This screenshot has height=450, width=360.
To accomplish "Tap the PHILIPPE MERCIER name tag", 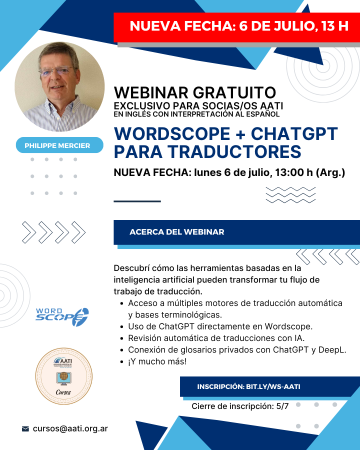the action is tap(59, 145).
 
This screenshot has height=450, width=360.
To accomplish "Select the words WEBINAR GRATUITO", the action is tap(195, 92).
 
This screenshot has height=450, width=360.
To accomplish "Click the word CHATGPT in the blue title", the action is tap(294, 133).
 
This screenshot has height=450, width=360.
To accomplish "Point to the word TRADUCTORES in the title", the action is tap(234, 151).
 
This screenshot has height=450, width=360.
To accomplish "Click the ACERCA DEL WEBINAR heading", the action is tap(177, 232).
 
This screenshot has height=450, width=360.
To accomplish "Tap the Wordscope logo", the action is tap(62, 317).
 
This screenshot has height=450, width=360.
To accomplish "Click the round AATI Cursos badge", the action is tap(63, 376).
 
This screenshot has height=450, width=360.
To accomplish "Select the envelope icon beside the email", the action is tap(25, 429).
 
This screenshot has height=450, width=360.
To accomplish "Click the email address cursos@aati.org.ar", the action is tap(70, 428).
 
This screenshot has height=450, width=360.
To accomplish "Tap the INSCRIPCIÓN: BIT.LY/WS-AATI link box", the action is tap(248, 386).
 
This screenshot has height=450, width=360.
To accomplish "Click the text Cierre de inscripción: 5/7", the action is tap(240, 406).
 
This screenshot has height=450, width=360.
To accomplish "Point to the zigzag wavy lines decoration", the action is tap(290, 195).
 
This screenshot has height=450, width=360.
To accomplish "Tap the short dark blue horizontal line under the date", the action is tap(137, 201).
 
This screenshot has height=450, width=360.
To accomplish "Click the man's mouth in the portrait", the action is tap(58, 87).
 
